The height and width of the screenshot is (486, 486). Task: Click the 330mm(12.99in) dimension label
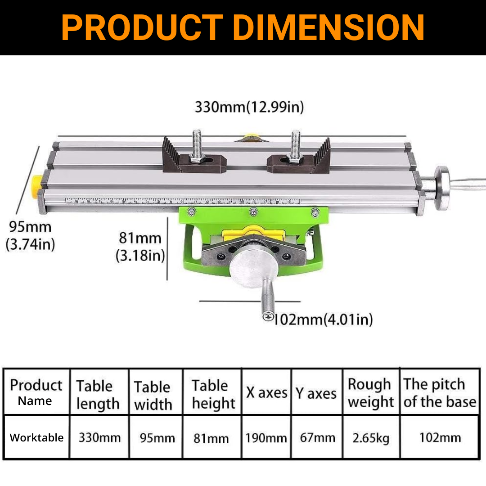coord(249,107)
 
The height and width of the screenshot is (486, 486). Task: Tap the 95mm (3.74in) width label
coord(31,235)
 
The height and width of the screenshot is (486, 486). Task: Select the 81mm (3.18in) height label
coord(140,247)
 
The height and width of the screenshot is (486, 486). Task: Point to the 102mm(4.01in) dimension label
coord(323,319)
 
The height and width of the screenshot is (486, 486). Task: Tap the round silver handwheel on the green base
coord(253,265)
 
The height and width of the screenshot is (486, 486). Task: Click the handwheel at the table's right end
coord(443,188)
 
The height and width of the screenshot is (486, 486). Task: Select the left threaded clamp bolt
coord(197,146)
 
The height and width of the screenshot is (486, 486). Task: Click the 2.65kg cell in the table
coord(371,438)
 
